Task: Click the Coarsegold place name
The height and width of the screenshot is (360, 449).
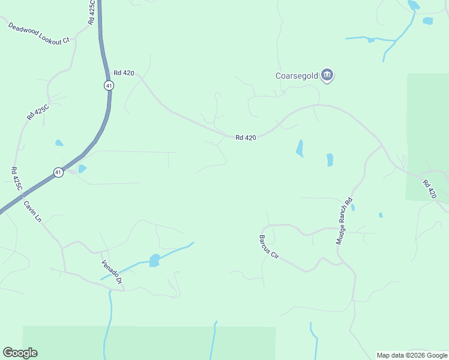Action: pos(297,76)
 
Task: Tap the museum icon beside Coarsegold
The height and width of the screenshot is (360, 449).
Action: pos(327,75)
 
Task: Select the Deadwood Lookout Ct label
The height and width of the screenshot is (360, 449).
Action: pos(39,33)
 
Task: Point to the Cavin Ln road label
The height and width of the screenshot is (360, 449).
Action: pos(32,211)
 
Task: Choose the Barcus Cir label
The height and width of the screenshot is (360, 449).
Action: pos(269,247)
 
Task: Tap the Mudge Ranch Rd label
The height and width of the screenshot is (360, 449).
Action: pos(344,220)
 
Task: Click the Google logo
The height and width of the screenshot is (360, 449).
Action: pos(20,353)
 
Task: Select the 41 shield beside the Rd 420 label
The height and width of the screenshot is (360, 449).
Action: pos(109,85)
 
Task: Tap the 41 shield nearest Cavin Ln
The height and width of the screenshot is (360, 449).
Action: pos(58,172)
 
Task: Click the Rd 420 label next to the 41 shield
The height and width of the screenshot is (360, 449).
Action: pos(124,73)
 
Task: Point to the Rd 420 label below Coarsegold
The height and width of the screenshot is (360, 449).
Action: pos(246,137)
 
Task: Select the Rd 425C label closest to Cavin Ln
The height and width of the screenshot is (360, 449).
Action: pos(17,179)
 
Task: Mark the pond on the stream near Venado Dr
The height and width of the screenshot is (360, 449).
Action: pos(154,260)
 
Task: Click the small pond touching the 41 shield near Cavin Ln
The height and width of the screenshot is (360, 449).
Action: pos(82,169)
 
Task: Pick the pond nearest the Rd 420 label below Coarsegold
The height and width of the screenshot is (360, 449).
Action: pos(300,148)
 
